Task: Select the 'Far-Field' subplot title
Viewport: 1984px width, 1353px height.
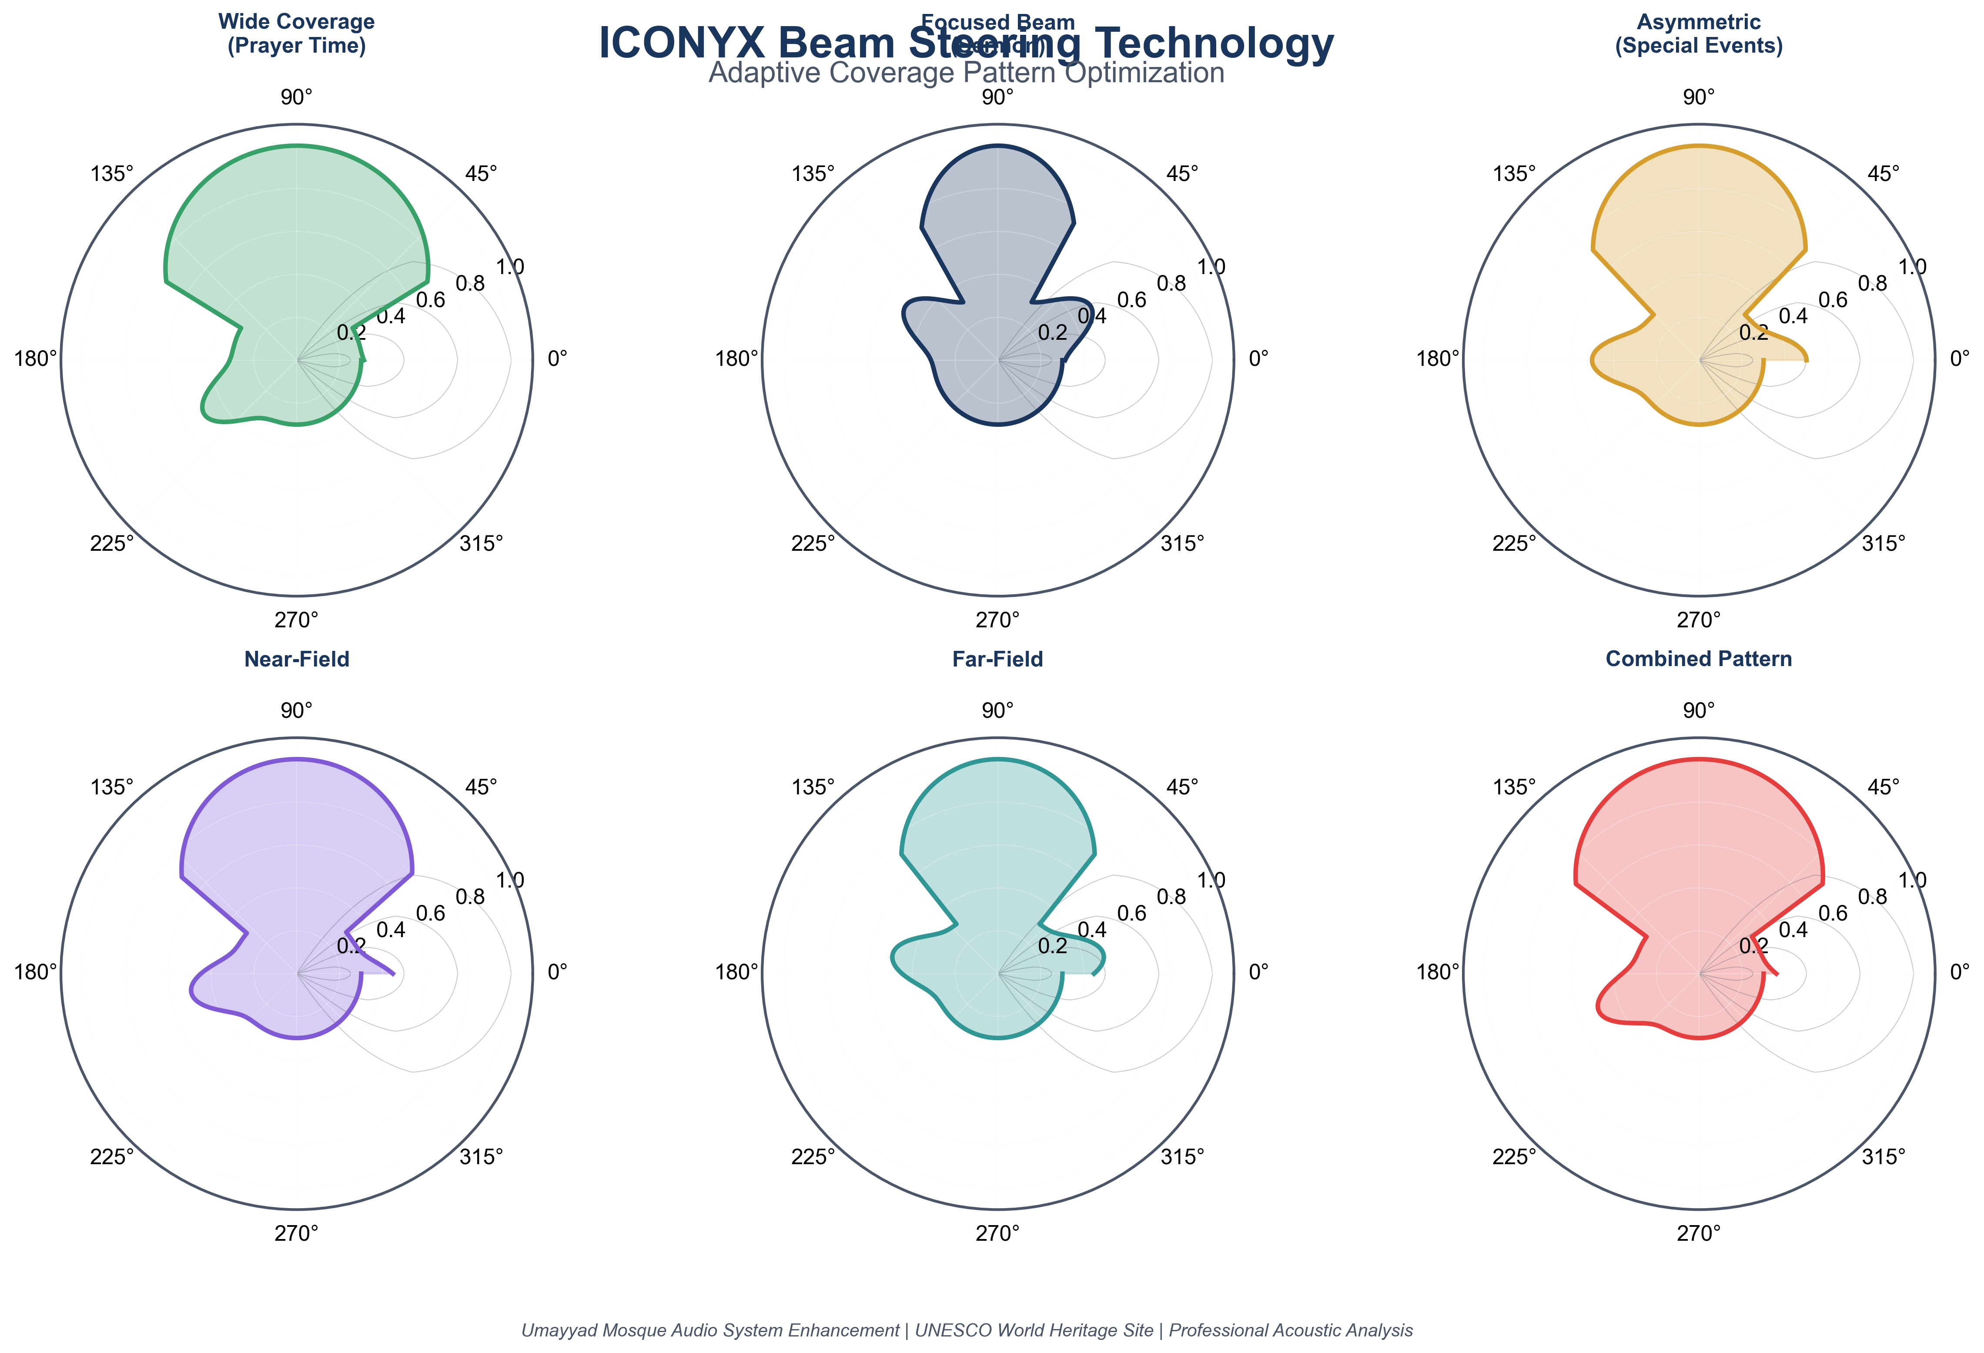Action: pyautogui.click(x=997, y=659)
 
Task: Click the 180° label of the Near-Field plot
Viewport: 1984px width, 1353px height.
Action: pyautogui.click(x=36, y=971)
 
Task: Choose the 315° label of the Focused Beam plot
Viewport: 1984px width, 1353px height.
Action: pyautogui.click(x=1182, y=543)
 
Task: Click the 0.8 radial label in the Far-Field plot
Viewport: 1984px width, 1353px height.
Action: pyautogui.click(x=1171, y=896)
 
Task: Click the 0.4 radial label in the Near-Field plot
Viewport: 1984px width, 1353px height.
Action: pyautogui.click(x=391, y=930)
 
